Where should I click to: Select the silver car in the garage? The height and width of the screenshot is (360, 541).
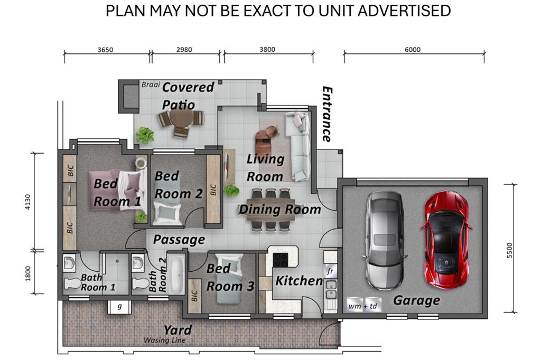(x=384, y=241)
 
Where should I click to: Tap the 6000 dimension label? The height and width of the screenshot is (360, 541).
(x=412, y=50)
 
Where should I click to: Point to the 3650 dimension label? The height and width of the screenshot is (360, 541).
(x=105, y=50)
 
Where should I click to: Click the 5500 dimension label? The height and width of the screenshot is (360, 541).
(x=510, y=250)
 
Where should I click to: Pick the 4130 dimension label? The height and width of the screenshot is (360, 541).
(x=28, y=202)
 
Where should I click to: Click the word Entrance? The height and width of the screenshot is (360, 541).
(x=327, y=114)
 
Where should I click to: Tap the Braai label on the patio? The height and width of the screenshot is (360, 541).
(x=151, y=84)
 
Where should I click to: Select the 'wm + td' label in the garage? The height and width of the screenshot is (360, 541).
(x=362, y=306)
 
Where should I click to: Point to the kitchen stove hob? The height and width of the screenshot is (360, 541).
(x=280, y=260)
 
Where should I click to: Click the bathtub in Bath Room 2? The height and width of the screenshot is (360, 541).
(x=176, y=275)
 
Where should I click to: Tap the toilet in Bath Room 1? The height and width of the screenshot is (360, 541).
(x=73, y=283)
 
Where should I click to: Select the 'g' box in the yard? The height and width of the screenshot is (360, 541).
(x=119, y=307)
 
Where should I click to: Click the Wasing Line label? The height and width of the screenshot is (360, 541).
(x=165, y=340)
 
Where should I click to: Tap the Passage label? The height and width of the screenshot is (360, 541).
(x=179, y=239)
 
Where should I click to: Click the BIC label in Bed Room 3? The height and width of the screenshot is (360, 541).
(x=194, y=296)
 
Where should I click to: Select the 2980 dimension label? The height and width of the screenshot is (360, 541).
(x=184, y=50)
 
